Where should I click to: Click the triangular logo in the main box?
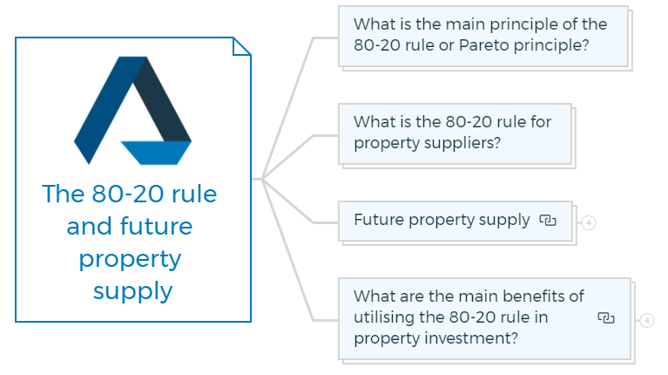(132, 110)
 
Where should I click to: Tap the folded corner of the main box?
(241, 46)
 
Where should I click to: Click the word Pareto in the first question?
(484, 45)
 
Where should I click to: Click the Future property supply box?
(455, 221)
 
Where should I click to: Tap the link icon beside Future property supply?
(548, 220)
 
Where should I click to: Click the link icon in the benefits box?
(606, 317)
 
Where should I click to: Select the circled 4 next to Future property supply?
(589, 222)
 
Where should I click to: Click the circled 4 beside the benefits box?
(647, 320)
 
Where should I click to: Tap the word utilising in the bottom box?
(384, 317)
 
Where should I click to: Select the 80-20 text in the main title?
(128, 194)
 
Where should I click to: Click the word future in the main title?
(157, 226)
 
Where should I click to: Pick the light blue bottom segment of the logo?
(157, 153)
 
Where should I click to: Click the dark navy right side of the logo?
(162, 99)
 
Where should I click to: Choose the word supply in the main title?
(133, 292)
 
